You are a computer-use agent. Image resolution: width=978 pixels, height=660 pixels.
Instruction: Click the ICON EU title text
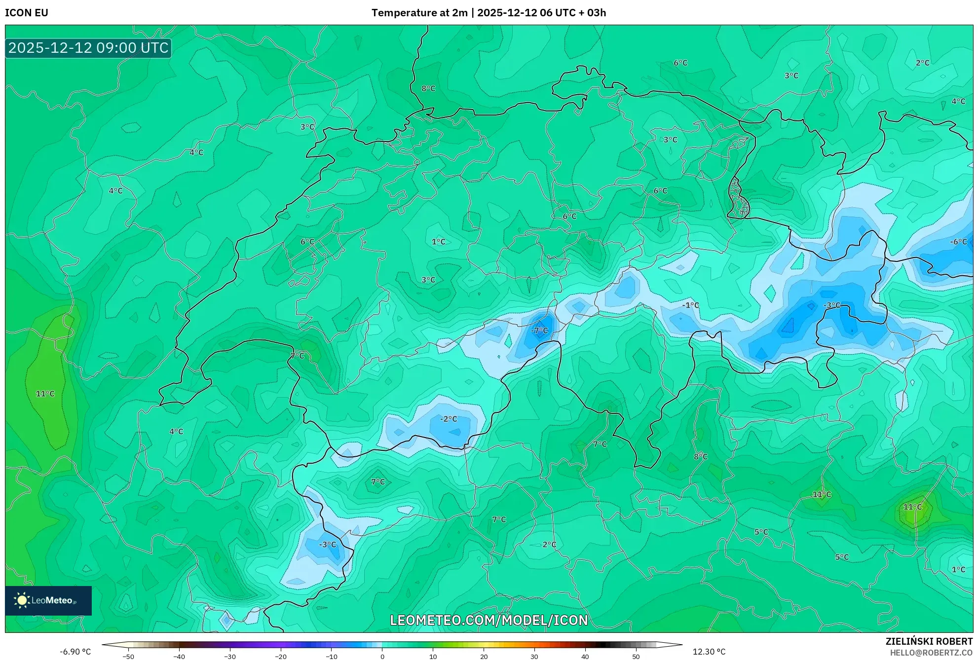(27, 13)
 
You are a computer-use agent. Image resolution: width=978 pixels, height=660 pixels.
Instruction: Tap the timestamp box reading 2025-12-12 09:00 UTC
(88, 48)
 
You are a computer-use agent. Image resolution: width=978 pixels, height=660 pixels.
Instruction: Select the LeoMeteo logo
(48, 600)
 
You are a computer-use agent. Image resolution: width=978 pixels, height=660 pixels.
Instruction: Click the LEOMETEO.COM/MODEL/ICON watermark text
(489, 620)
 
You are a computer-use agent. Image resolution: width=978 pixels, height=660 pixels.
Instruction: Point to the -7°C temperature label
(539, 330)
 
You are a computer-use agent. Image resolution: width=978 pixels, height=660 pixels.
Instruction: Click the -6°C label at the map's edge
(958, 242)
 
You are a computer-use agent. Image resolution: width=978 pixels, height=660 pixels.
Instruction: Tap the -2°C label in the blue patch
(449, 419)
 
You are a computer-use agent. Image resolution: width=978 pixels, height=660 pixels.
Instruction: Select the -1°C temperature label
(690, 305)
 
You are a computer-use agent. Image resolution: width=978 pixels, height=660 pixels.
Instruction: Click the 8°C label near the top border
(428, 88)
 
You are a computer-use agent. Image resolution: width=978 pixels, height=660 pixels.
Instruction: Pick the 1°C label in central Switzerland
(438, 242)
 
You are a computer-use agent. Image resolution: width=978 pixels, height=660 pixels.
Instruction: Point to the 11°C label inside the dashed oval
(45, 394)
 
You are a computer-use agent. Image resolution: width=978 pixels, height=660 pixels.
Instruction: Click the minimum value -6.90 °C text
(75, 652)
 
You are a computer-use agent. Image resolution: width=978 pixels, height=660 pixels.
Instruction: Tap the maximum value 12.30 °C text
(709, 652)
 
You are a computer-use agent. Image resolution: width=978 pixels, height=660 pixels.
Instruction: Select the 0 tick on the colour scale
(382, 657)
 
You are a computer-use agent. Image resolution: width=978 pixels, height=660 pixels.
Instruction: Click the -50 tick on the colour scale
(128, 657)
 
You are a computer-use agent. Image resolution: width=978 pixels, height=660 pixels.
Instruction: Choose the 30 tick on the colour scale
(534, 657)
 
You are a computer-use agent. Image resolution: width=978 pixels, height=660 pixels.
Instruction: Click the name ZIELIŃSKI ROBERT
(929, 641)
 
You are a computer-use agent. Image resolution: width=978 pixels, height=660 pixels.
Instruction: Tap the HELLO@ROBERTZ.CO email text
(931, 653)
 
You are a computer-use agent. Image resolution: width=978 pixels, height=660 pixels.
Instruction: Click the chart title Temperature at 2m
(419, 13)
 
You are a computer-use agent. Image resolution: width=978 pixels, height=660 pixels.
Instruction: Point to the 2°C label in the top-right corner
(922, 63)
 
